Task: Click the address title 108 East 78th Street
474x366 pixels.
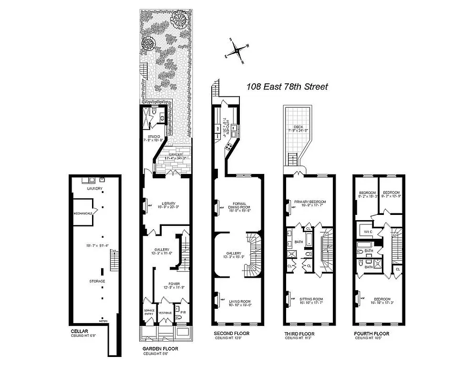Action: tap(287, 87)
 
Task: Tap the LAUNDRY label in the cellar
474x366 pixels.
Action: tap(94, 189)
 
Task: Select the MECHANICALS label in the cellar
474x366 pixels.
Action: tap(82, 213)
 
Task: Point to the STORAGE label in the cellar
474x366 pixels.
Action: tap(97, 281)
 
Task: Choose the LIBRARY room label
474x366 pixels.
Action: tap(165, 203)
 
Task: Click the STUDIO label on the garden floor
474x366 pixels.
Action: tap(153, 137)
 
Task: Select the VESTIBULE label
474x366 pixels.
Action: tap(165, 313)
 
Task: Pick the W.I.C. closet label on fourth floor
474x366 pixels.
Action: tap(368, 232)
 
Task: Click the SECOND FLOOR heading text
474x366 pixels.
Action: tap(231, 333)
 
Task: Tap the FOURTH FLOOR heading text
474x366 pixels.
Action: tap(371, 334)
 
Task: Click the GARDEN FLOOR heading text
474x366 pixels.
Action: tap(160, 348)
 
